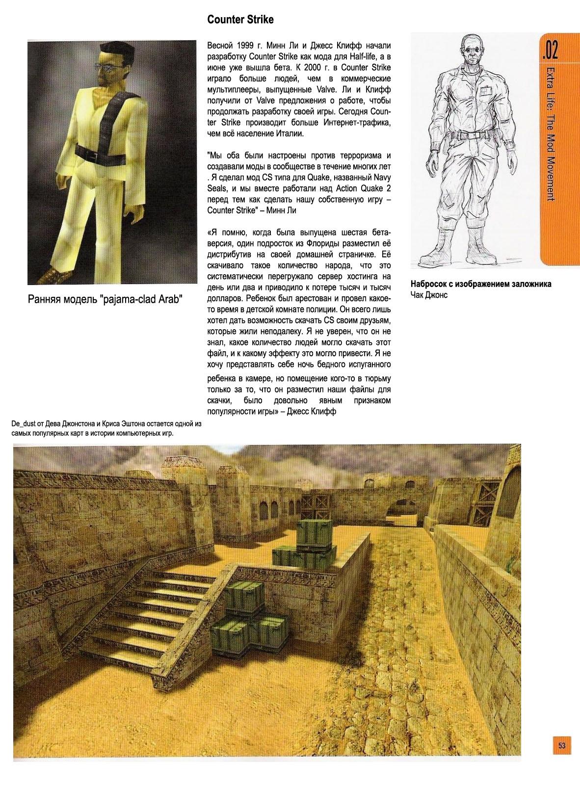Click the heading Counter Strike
[240, 20]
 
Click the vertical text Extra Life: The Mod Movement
[550, 132]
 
